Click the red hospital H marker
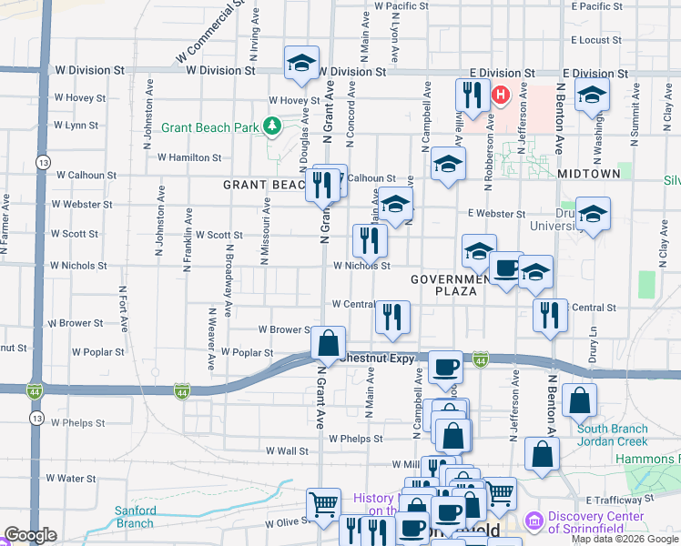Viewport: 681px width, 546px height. click(500, 95)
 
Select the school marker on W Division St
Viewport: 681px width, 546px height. click(301, 63)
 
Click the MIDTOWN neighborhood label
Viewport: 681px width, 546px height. click(588, 173)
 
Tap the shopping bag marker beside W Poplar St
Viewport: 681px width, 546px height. click(328, 344)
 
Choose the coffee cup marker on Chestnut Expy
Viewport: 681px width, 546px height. click(444, 368)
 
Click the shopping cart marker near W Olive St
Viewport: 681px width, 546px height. click(324, 504)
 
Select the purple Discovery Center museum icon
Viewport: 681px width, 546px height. click(534, 521)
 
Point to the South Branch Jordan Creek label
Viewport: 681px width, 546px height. click(613, 435)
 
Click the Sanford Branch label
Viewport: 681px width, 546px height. click(134, 517)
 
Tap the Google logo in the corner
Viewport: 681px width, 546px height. click(30, 535)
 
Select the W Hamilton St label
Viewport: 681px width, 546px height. click(188, 157)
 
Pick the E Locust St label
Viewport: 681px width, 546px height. click(596, 40)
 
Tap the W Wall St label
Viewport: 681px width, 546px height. click(287, 450)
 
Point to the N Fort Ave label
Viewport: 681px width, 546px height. click(122, 308)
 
